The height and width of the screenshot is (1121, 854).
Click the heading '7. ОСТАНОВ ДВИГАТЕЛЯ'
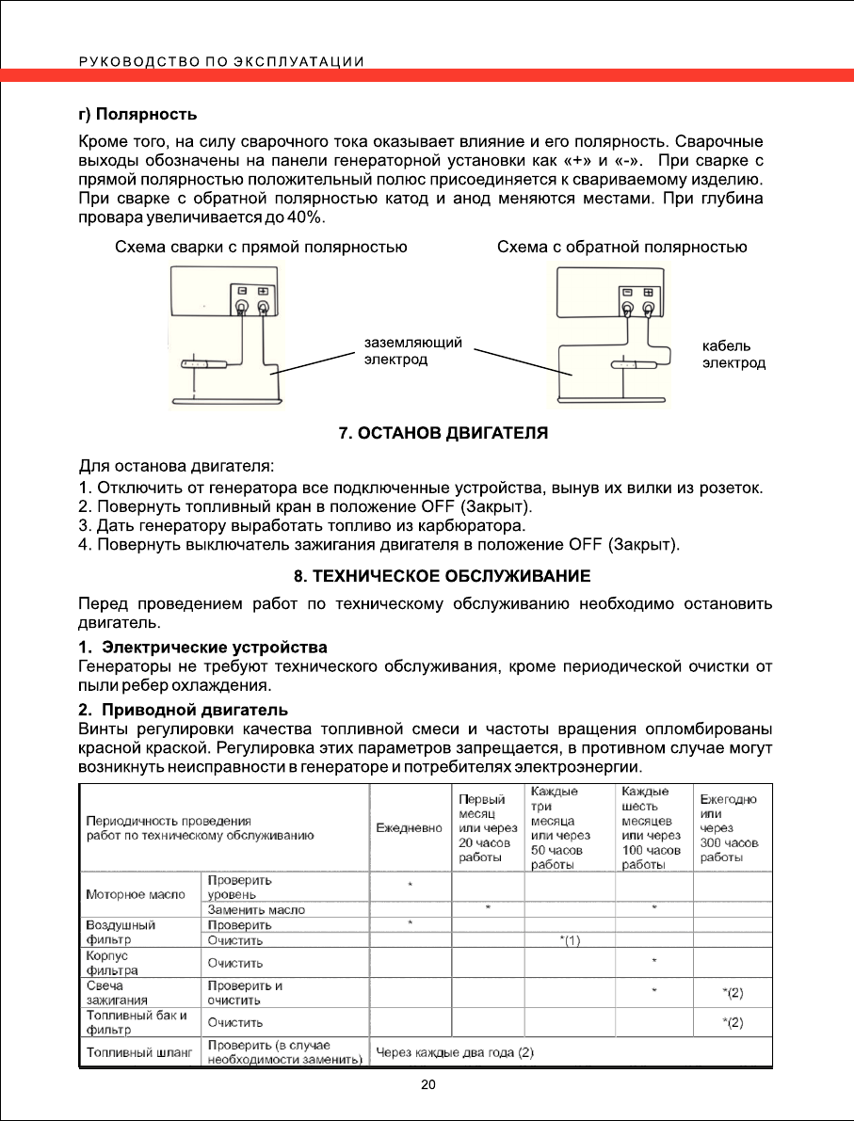443,434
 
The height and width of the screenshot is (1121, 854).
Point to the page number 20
428,1085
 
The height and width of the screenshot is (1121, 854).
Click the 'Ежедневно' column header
409,828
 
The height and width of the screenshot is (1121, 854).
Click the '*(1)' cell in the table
570,939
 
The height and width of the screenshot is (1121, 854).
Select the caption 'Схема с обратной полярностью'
621,248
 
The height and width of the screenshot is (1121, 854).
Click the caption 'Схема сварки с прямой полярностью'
261,248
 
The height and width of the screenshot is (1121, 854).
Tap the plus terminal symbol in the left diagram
263,291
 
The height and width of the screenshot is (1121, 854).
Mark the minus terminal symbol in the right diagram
627,291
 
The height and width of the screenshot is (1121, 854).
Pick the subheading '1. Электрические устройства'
202,648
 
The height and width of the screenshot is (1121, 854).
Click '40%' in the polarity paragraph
306,217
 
